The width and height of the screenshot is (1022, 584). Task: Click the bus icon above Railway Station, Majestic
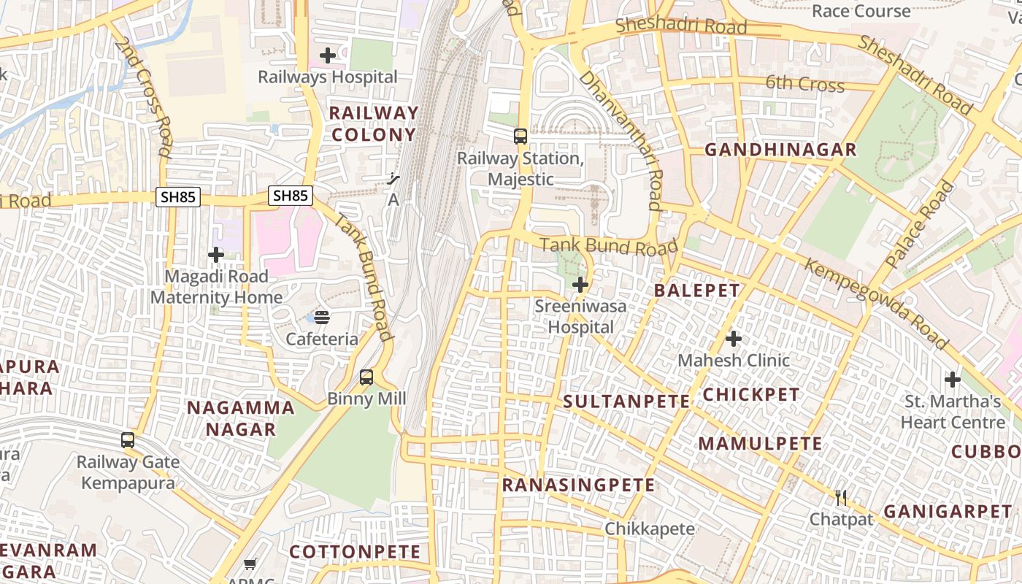point(520,136)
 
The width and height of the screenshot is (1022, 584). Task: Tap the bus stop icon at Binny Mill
point(366,377)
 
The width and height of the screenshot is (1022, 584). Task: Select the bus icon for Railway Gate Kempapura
point(128,440)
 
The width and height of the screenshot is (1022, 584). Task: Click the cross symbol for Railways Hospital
point(328,55)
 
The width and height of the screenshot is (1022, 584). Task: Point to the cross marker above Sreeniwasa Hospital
point(580,285)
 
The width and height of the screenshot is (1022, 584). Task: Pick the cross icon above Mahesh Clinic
point(734,339)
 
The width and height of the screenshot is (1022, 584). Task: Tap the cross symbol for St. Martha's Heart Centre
point(953,380)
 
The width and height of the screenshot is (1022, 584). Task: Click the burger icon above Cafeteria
point(322,318)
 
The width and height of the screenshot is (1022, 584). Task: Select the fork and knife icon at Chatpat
point(841,498)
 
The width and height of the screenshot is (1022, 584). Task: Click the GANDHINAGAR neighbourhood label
point(780,150)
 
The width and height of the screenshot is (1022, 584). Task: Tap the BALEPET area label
point(696,290)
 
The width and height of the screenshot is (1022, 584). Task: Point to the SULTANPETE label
point(626,401)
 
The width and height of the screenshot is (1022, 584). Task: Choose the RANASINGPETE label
point(578,485)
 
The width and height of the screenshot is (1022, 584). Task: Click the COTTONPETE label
point(355,552)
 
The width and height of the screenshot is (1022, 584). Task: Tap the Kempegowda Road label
point(876,303)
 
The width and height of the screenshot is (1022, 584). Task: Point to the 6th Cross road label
point(805,84)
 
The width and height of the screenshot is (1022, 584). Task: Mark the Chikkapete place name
point(650,529)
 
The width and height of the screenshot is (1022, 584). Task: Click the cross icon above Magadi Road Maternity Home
point(216,255)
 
